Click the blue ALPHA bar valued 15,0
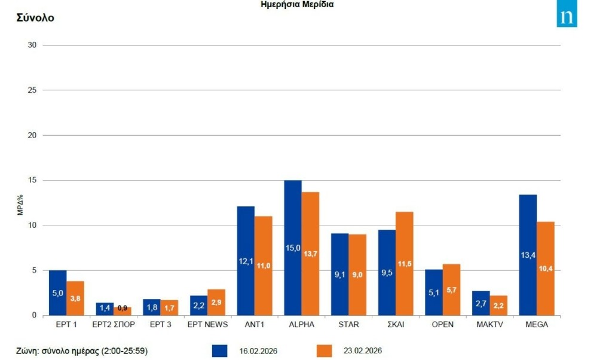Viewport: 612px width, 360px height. point(292,248)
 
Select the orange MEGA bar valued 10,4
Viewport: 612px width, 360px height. point(546,269)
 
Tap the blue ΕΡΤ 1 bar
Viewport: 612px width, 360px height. point(57,292)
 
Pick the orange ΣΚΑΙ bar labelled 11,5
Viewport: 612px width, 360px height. point(404,263)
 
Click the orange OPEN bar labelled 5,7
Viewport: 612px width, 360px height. point(451,289)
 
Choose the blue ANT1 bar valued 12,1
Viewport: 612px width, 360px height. point(246,261)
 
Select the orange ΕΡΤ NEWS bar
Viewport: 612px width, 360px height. point(216,302)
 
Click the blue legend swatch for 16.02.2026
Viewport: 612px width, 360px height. point(219,350)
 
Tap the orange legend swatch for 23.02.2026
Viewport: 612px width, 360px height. point(324,350)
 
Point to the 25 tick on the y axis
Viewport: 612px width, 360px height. point(33,90)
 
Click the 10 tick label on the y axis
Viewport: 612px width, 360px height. point(33,225)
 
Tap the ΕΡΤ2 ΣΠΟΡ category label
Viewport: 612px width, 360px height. point(114,325)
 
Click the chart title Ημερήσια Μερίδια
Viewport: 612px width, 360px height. point(297,4)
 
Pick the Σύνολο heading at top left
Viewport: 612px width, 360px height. point(35,18)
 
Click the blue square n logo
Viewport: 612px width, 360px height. point(567,17)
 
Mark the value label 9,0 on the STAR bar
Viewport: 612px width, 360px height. point(357,275)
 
